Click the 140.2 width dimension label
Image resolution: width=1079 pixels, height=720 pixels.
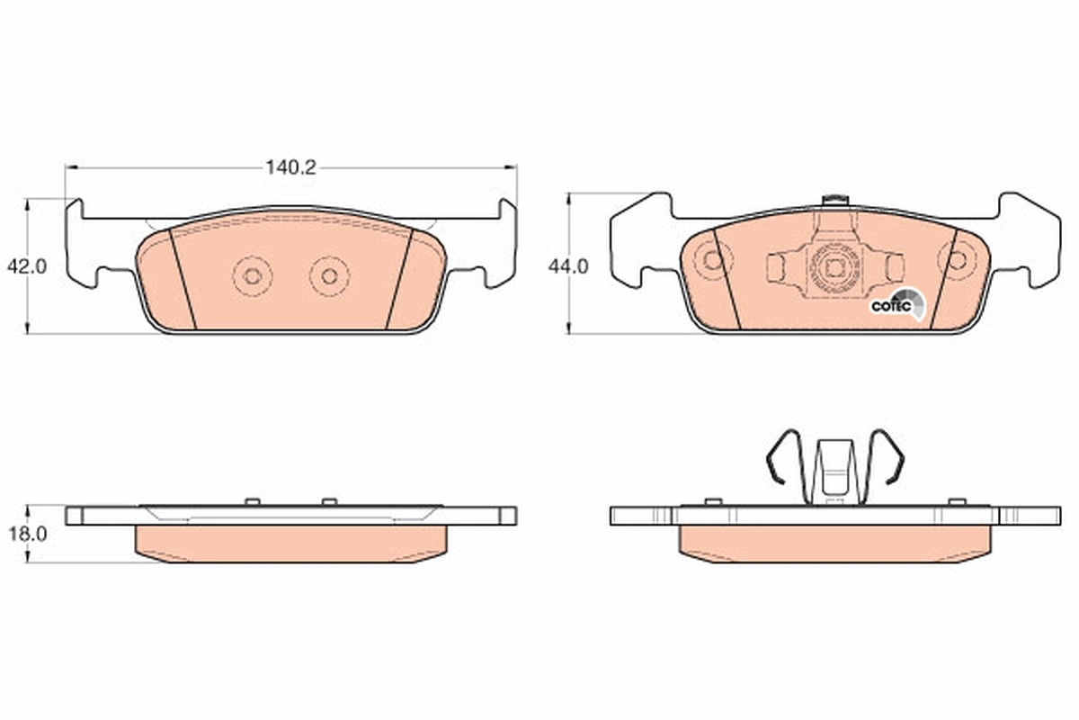[291, 167]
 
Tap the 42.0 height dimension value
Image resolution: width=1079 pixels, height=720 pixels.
[27, 266]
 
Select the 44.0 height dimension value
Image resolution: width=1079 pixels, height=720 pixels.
[568, 266]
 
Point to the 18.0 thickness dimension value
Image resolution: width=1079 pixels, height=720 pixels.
[28, 534]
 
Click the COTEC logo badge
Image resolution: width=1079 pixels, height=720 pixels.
[898, 304]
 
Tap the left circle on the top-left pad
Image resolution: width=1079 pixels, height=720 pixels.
[253, 276]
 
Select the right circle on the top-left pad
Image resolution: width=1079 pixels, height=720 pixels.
[329, 276]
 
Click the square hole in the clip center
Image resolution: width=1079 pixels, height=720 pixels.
[834, 268]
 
